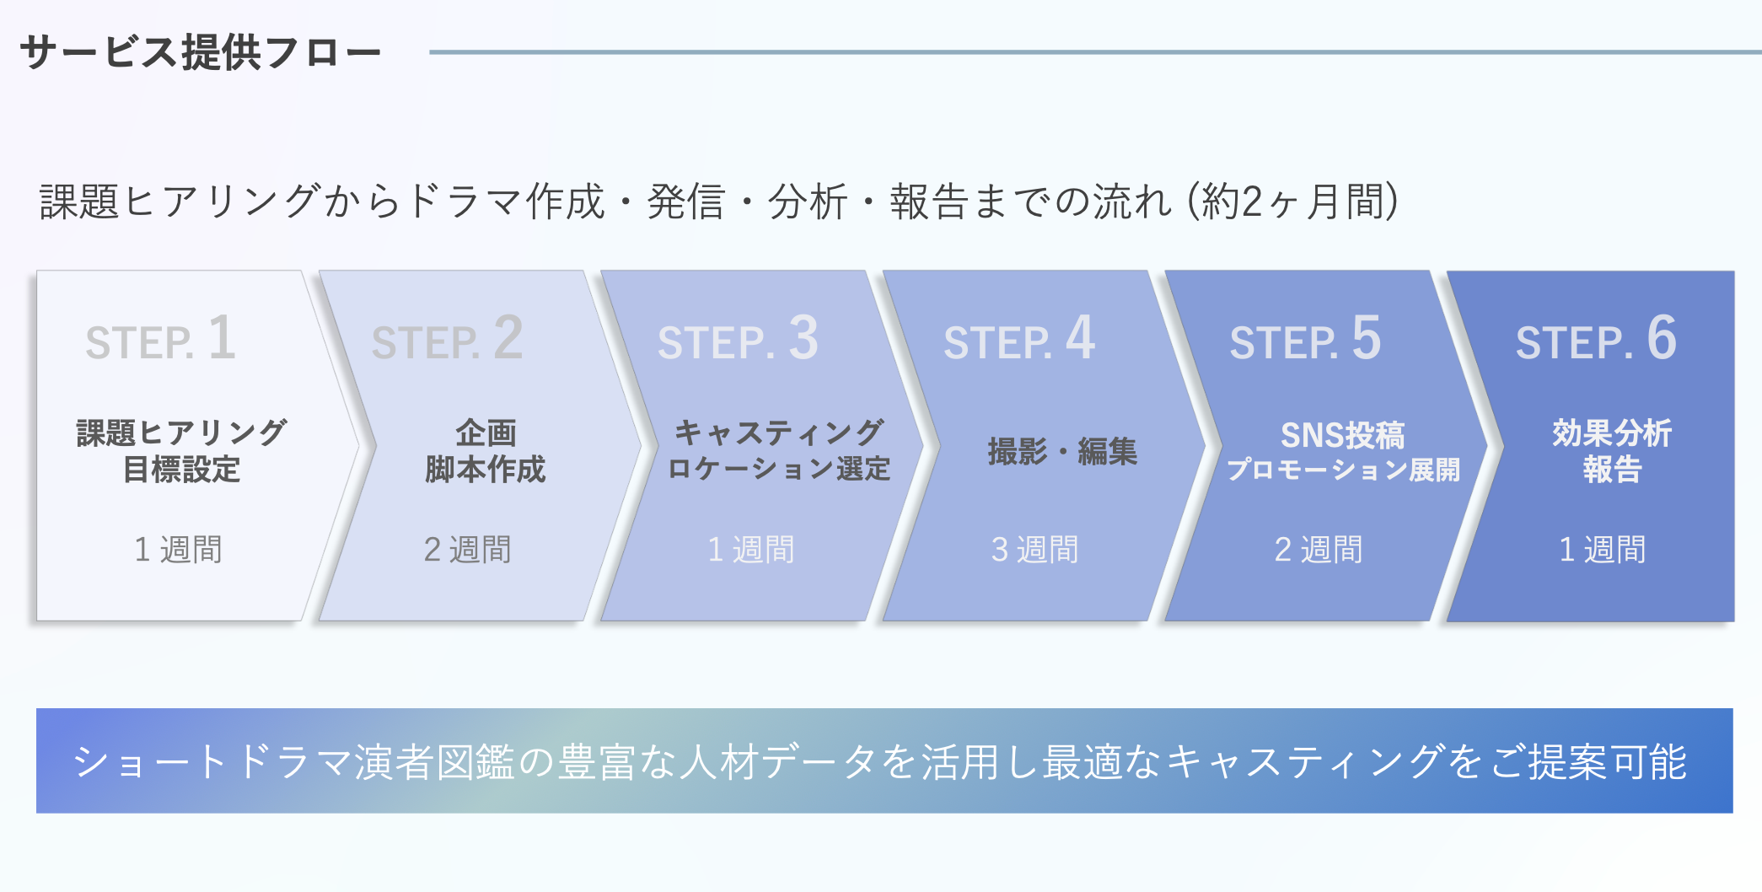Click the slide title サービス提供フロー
(x=201, y=52)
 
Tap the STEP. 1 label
(x=161, y=339)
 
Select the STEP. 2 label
(x=448, y=339)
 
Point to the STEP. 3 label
(x=738, y=339)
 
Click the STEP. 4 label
(x=1019, y=339)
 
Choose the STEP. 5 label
(x=1305, y=339)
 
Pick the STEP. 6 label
(x=1596, y=339)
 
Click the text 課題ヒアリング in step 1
(x=181, y=433)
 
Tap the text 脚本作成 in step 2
(x=485, y=470)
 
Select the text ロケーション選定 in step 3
(x=778, y=469)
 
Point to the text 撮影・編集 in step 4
(x=1062, y=452)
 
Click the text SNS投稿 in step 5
(x=1342, y=435)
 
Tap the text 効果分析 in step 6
(x=1611, y=433)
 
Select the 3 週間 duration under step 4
(x=1034, y=550)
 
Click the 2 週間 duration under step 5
(x=1318, y=550)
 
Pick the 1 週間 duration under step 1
(x=178, y=550)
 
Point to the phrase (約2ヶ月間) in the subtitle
(x=1292, y=202)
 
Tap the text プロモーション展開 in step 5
(x=1343, y=470)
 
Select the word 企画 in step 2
(x=486, y=433)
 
